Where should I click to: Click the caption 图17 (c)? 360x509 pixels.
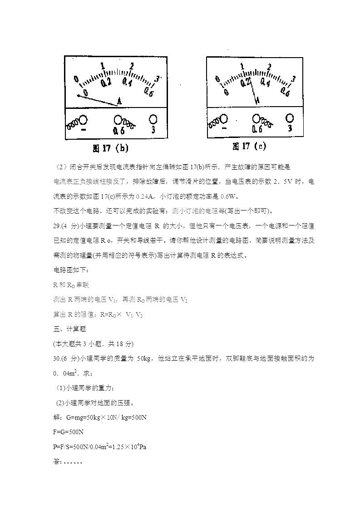249,146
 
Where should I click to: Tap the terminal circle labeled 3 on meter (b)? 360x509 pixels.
153,119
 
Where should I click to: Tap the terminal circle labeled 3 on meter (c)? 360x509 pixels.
289,118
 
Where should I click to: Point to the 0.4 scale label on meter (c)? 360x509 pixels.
265,83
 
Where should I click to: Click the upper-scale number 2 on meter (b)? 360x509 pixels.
132,66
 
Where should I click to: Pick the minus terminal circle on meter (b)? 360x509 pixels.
84,120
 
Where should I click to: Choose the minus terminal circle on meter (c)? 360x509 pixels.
224,118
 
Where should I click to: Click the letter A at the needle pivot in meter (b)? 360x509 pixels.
119,101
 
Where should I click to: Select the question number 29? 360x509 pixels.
57,225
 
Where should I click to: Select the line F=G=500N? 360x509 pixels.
68,432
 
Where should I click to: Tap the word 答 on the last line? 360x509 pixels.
56,461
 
